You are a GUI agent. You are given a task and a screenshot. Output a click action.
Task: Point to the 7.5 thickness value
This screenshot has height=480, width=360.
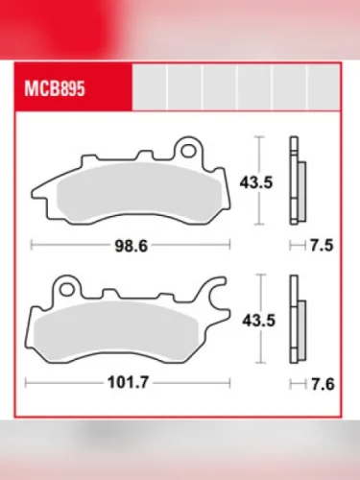[322, 246]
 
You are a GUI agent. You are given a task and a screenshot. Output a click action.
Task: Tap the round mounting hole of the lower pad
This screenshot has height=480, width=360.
[66, 285]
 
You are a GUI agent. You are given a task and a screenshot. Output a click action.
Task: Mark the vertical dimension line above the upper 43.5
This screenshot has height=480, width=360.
[257, 154]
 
